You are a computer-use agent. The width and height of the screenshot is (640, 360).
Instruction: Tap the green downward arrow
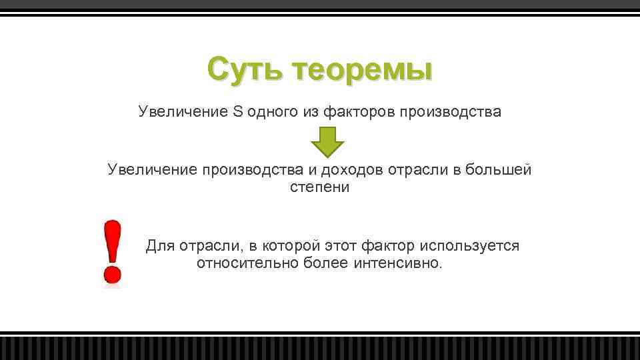pos(327,141)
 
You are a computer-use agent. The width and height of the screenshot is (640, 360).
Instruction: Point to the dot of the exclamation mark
pos(112,273)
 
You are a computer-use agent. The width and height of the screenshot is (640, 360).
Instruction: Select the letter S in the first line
pos(238,111)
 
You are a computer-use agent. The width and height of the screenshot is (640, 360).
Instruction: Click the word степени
pos(319,187)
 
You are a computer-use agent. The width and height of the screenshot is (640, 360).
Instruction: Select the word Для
pos(160,246)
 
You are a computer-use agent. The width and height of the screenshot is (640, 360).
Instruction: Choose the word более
pos(321,263)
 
